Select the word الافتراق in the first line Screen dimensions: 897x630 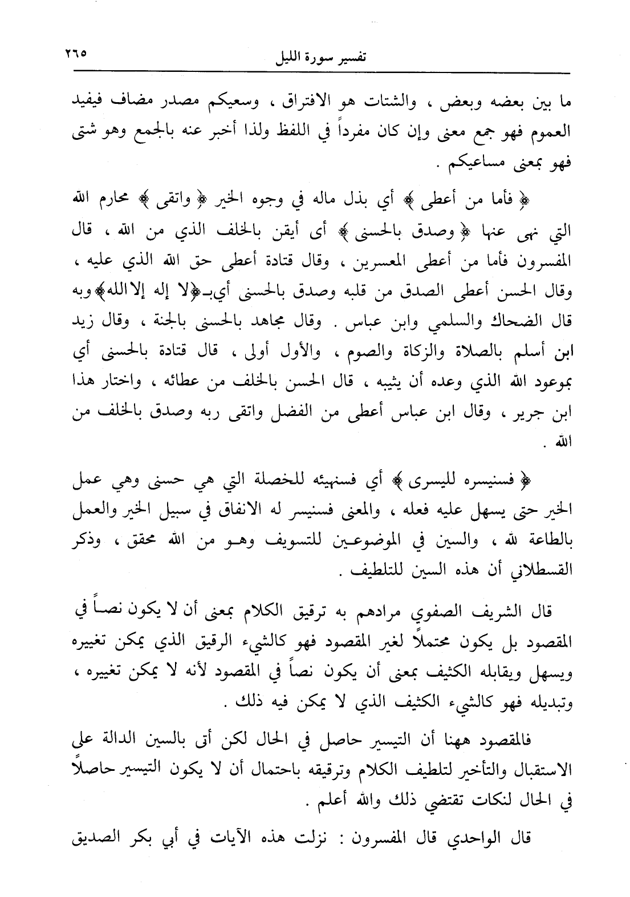pyautogui.click(x=266, y=105)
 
